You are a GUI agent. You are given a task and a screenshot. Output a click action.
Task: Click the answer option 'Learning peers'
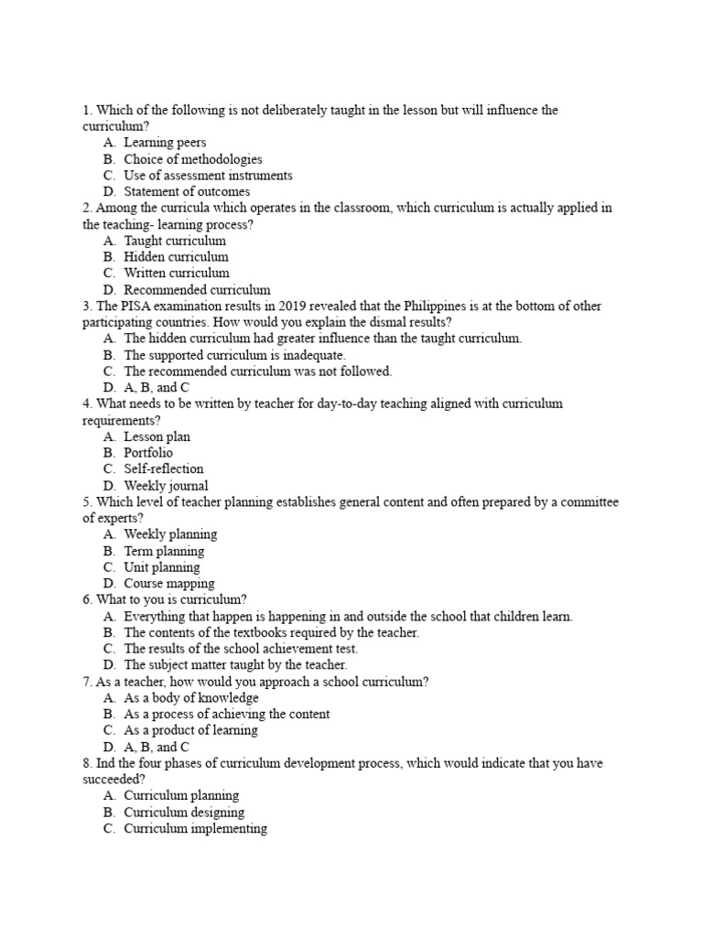coord(165,143)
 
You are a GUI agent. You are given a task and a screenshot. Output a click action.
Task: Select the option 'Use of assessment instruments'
coord(208,175)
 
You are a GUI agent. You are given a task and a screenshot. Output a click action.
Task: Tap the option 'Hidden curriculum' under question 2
coord(176,257)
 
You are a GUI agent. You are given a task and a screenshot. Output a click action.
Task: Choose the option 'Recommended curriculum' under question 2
coord(197,290)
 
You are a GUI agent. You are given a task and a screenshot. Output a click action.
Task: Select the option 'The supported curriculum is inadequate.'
coord(234,355)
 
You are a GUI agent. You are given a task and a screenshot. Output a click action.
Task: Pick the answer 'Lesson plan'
coord(157,436)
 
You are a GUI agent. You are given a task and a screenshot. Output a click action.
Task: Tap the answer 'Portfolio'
coord(148,453)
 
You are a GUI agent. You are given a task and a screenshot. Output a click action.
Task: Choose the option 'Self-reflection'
coord(164,469)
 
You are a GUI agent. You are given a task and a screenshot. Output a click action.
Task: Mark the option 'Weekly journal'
coord(166,486)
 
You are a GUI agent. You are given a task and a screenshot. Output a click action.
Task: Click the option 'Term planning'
coord(164,551)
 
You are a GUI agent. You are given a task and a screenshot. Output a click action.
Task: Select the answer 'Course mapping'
coord(169,584)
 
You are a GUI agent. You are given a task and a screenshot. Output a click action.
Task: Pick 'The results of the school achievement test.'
coord(241,649)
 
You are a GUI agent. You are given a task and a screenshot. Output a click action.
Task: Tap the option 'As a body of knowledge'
coord(191,698)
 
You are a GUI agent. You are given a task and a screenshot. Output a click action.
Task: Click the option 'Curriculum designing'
coord(184,813)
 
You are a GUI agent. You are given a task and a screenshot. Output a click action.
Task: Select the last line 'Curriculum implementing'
coord(195,829)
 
